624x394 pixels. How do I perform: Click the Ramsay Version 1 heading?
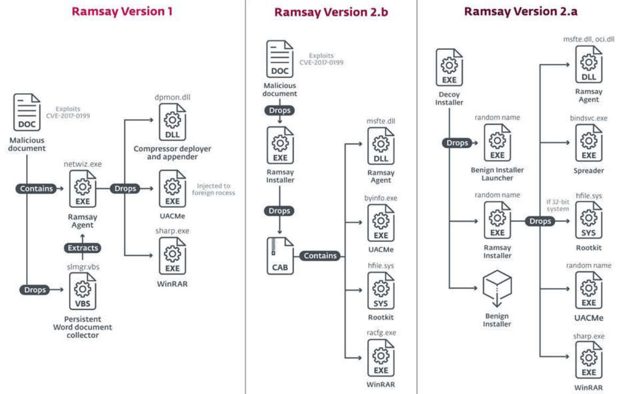coord(122,11)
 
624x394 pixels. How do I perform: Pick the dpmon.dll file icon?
coord(172,123)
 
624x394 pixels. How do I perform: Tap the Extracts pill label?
coord(83,248)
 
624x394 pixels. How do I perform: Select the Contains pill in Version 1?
coord(36,188)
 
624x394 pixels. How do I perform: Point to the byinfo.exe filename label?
coord(381,198)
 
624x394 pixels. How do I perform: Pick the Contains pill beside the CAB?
coord(321,256)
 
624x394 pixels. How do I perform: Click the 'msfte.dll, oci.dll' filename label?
coord(589,39)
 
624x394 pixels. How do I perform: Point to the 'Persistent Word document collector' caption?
coord(82,327)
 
